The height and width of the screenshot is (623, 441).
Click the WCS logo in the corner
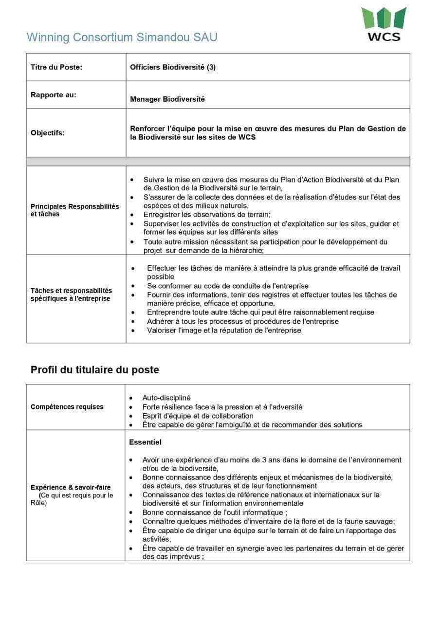pos(384,24)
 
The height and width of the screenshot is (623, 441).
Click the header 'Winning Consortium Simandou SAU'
pos(122,37)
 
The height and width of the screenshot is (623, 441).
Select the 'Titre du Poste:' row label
pos(56,67)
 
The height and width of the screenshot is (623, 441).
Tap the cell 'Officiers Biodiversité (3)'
pos(172,67)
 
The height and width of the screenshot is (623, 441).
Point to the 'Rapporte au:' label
pos(54,95)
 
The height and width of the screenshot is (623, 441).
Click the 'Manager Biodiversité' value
pos(167,99)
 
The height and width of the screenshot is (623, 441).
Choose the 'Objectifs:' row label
pos(47,132)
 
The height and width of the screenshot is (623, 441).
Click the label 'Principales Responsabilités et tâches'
pos(74,210)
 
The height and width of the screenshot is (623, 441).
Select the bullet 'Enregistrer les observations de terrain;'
pos(206,215)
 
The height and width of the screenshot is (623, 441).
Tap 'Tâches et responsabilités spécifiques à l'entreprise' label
pos(71,294)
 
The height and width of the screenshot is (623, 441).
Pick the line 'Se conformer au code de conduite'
pos(227,286)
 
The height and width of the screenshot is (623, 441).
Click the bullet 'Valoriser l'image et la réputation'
pos(224,330)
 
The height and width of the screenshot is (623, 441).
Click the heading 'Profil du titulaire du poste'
pos(94,370)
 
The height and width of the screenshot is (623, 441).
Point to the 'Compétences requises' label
pos(67,407)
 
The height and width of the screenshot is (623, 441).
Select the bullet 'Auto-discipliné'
pos(166,398)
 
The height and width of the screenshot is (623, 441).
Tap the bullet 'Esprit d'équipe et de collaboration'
pos(198,416)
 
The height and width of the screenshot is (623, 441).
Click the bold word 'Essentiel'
pos(145,442)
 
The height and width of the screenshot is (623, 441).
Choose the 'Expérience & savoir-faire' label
pos(71,487)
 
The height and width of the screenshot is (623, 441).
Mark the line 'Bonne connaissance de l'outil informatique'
pos(214,513)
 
